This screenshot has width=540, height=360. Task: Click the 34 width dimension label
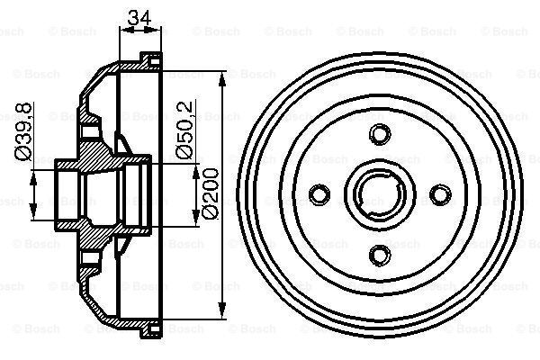(x=139, y=16)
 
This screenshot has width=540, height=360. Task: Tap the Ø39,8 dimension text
(x=25, y=130)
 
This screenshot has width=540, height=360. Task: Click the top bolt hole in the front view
(x=378, y=134)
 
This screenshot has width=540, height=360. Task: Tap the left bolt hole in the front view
(x=319, y=193)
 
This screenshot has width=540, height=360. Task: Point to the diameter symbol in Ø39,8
(x=25, y=154)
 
